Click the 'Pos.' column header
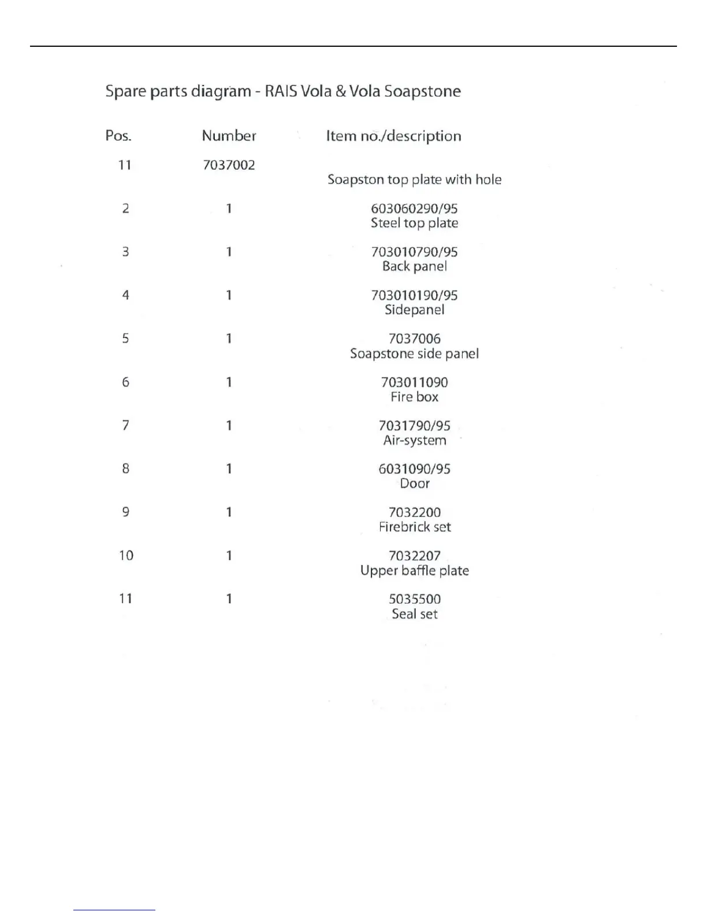[x=118, y=136]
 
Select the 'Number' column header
[x=229, y=136]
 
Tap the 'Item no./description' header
[x=393, y=136]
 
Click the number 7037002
[x=229, y=165]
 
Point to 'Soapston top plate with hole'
[x=414, y=180]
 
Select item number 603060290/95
[x=414, y=209]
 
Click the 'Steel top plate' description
[x=414, y=223]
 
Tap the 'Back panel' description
[x=414, y=266]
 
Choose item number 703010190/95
[x=414, y=296]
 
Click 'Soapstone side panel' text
[x=414, y=354]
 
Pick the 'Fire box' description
[x=414, y=397]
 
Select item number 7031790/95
[x=414, y=426]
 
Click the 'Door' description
[x=414, y=483]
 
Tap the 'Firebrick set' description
[x=414, y=527]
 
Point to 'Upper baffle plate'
[x=414, y=571]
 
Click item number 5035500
[x=414, y=599]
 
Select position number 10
[x=126, y=556]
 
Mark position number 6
[x=125, y=382]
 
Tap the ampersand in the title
[x=341, y=91]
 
